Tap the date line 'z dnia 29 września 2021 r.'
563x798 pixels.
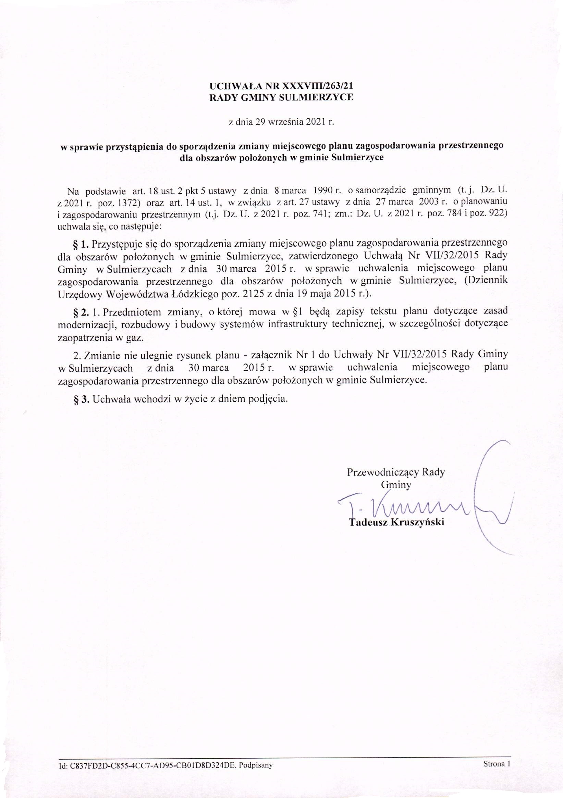281,122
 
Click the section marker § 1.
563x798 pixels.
82,244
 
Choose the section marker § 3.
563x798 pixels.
82,399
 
